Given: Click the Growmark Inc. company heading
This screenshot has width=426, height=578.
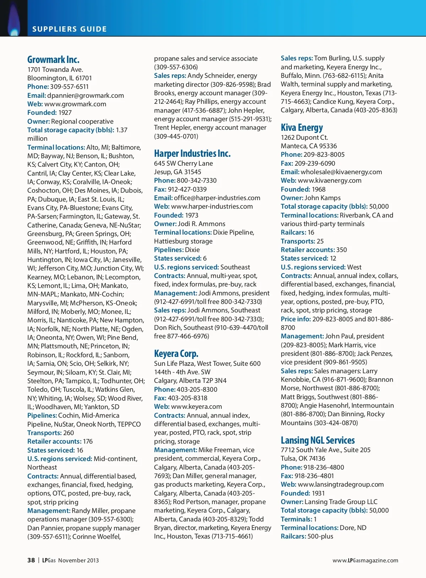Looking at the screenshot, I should pos(53,59).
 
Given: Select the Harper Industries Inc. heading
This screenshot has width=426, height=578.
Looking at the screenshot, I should pos(192,154).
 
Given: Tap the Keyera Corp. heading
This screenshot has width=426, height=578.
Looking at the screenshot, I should pos(176,354).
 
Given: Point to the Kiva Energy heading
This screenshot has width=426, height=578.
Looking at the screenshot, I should pos(302,128).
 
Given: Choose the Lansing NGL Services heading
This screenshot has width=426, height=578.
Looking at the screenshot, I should pos(318,440).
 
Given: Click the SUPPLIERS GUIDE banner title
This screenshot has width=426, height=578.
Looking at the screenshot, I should pos(70,29).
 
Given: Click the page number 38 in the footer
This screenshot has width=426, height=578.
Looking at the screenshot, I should pos(31,560).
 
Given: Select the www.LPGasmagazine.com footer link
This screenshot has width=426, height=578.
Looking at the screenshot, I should pos(365,561).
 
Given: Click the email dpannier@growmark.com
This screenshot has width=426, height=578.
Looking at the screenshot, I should pos(86,96).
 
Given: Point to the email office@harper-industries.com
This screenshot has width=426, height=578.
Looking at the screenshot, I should pos(217,198).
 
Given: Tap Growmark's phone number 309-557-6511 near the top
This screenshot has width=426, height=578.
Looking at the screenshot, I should pos(69,87).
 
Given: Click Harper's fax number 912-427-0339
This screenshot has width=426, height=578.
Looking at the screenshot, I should pos(187,189).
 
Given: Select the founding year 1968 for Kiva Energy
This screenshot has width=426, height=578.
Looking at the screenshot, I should pos(318,189).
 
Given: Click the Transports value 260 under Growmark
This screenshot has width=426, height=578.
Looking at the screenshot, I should pos(69,433).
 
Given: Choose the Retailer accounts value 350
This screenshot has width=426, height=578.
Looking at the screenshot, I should pos(342,250).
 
